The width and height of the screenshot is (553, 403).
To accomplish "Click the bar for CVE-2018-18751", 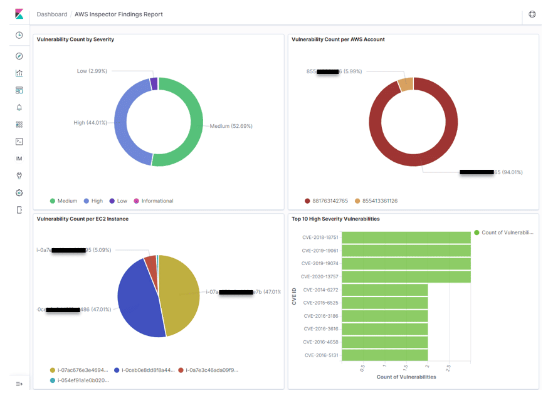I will coord(406,238).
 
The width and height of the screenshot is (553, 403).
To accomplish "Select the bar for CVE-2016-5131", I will coord(384,355).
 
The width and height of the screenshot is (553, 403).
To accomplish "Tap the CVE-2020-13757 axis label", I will coord(319,276).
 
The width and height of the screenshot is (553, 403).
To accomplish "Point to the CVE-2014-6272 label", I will coord(320,290).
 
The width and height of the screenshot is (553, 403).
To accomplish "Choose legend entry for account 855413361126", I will coord(374,201).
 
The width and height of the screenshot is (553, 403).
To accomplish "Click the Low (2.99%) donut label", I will coord(92,71).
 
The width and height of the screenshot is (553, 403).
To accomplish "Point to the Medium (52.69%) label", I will coord(231,126).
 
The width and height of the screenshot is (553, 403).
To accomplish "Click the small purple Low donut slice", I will coord(154,84).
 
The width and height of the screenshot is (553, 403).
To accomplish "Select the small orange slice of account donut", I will coord(406,85).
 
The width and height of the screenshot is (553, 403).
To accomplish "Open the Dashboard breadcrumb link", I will coord(52,14).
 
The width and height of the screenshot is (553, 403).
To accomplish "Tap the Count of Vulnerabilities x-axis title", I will coord(406,377).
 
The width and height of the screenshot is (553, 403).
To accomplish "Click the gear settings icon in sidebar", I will coord(19,193).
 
